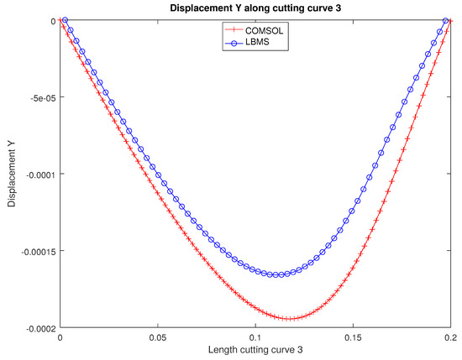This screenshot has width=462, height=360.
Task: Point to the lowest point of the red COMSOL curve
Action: [288, 319]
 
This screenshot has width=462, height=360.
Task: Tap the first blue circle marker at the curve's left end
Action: [66, 21]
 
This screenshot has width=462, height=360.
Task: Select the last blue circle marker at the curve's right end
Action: [448, 21]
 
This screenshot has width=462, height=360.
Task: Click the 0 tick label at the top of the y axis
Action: [54, 21]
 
